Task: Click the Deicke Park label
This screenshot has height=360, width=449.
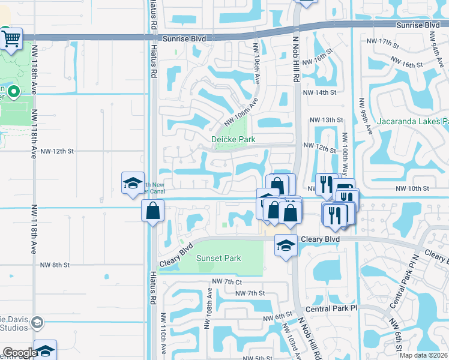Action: click(234, 139)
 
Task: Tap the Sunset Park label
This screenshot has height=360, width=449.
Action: click(218, 258)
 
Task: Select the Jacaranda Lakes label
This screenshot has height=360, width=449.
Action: click(412, 122)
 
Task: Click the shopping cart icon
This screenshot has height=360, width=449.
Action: click(11, 39)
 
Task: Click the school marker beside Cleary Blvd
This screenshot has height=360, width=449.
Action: click(286, 245)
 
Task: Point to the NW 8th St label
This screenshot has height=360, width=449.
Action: click(55, 265)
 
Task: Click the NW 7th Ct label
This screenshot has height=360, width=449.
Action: click(226, 281)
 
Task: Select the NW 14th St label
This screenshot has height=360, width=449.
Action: click(319, 93)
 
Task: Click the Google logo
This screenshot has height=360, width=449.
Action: click(20, 353)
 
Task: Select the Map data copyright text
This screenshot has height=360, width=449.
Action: click(424, 355)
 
